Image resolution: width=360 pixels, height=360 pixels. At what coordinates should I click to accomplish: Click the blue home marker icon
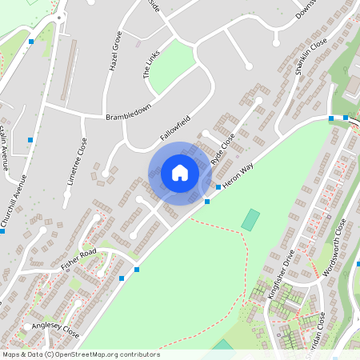[x=179, y=173]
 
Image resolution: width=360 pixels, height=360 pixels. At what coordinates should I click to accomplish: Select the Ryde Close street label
[x=223, y=150]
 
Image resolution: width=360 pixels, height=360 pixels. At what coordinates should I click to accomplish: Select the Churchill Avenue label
[x=15, y=203]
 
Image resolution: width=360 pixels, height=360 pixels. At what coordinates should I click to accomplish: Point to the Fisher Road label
[x=78, y=258]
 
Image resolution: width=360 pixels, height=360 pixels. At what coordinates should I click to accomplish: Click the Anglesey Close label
[x=56, y=330]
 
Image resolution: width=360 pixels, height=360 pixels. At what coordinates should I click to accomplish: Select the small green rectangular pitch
[x=251, y=219]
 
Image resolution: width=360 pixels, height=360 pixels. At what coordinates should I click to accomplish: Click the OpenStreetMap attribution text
[x=80, y=354]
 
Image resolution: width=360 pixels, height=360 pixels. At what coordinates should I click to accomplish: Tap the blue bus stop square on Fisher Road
[x=122, y=278]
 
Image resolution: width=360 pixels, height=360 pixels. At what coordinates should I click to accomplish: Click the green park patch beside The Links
[x=170, y=66]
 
